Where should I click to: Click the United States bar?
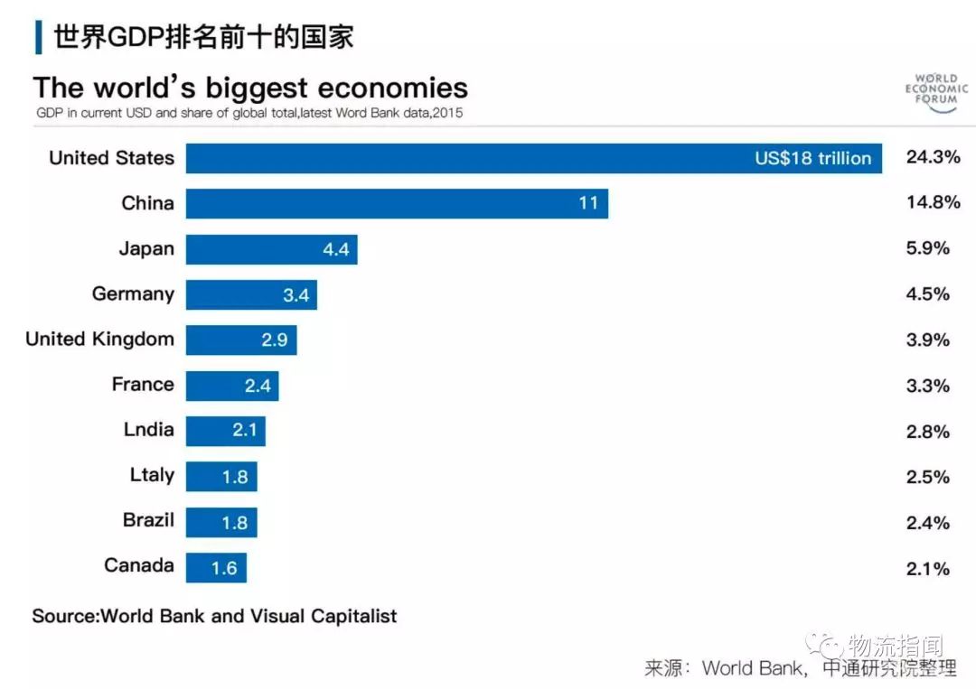pyautogui.click(x=533, y=158)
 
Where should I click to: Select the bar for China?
pyautogui.click(x=397, y=203)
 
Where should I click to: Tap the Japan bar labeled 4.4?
pyautogui.click(x=271, y=249)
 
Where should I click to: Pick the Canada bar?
pyautogui.click(x=216, y=567)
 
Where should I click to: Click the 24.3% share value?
pyautogui.click(x=933, y=157)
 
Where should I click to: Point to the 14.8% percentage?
pyautogui.click(x=933, y=202)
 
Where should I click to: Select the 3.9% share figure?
pyautogui.click(x=928, y=340)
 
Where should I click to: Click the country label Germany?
pyautogui.click(x=133, y=293)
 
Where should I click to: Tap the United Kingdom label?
pyautogui.click(x=99, y=340)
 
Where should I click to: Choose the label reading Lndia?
pyautogui.click(x=148, y=430)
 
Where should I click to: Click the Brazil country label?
pyautogui.click(x=148, y=520)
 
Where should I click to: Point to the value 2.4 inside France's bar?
pyautogui.click(x=258, y=386)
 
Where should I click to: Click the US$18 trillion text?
pyautogui.click(x=813, y=158)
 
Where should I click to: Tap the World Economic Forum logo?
pyautogui.click(x=936, y=92)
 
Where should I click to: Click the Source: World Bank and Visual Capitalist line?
pyautogui.click(x=214, y=616)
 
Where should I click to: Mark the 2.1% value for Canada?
pyautogui.click(x=928, y=568)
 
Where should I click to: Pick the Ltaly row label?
pyautogui.click(x=152, y=475)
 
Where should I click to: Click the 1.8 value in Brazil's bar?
pyautogui.click(x=235, y=522)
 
